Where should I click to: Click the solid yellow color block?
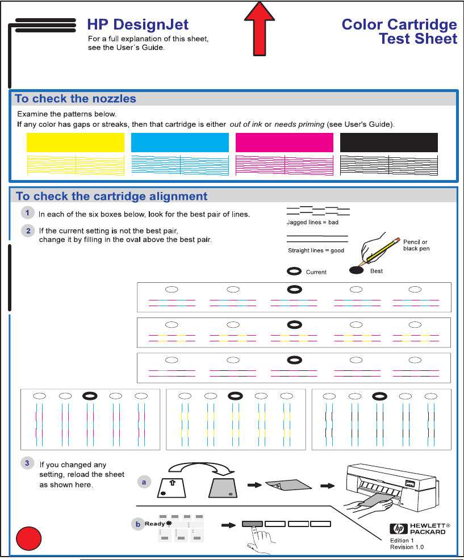(76, 143)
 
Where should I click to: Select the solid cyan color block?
(179, 143)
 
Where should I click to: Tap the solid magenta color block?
(284, 143)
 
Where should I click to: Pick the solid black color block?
(388, 143)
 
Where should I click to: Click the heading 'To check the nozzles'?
(76, 99)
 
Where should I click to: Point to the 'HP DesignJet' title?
(137, 24)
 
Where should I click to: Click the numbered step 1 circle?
(27, 213)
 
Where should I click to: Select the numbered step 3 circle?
(27, 463)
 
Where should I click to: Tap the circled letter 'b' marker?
(137, 524)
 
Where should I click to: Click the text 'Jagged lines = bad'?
(312, 223)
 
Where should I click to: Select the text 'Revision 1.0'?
(407, 547)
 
